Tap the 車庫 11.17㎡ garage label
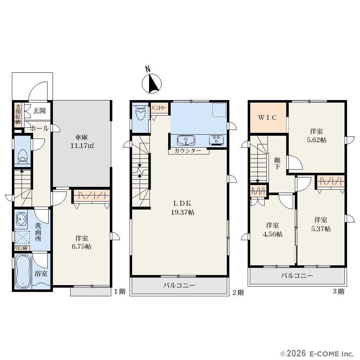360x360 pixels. (82, 141)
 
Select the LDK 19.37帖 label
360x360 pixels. (183, 208)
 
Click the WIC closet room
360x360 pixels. (268, 118)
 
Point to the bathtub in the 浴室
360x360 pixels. (23, 271)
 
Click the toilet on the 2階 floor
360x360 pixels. (140, 112)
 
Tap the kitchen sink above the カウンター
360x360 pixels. (186, 140)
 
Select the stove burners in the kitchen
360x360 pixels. (216, 140)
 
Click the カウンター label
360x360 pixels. (188, 151)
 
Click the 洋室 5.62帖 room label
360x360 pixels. (316, 136)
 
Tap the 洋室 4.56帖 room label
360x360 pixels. (273, 230)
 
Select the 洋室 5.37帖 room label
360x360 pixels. (321, 224)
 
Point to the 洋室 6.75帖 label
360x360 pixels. (82, 242)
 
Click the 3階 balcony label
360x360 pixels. (297, 275)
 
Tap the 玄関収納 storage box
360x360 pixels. (18, 114)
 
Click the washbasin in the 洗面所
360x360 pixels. (21, 219)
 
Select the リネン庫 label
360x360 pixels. (21, 248)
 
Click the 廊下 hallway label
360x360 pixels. (277, 163)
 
